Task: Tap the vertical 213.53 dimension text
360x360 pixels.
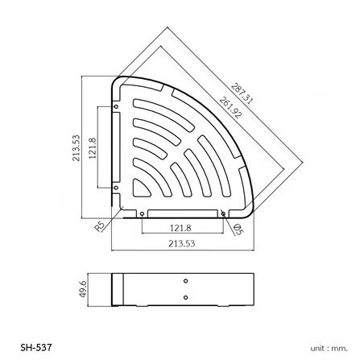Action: (x=76, y=147)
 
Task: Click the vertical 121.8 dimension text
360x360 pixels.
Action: (x=92, y=147)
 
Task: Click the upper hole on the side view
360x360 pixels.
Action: (x=186, y=281)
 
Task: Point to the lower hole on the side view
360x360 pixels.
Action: (x=186, y=297)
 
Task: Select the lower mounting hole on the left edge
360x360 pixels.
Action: (x=116, y=187)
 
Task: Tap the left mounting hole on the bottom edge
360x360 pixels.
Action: (x=142, y=213)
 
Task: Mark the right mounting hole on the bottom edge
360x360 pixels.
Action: (x=223, y=213)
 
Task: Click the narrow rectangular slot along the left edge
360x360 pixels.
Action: (x=118, y=147)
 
